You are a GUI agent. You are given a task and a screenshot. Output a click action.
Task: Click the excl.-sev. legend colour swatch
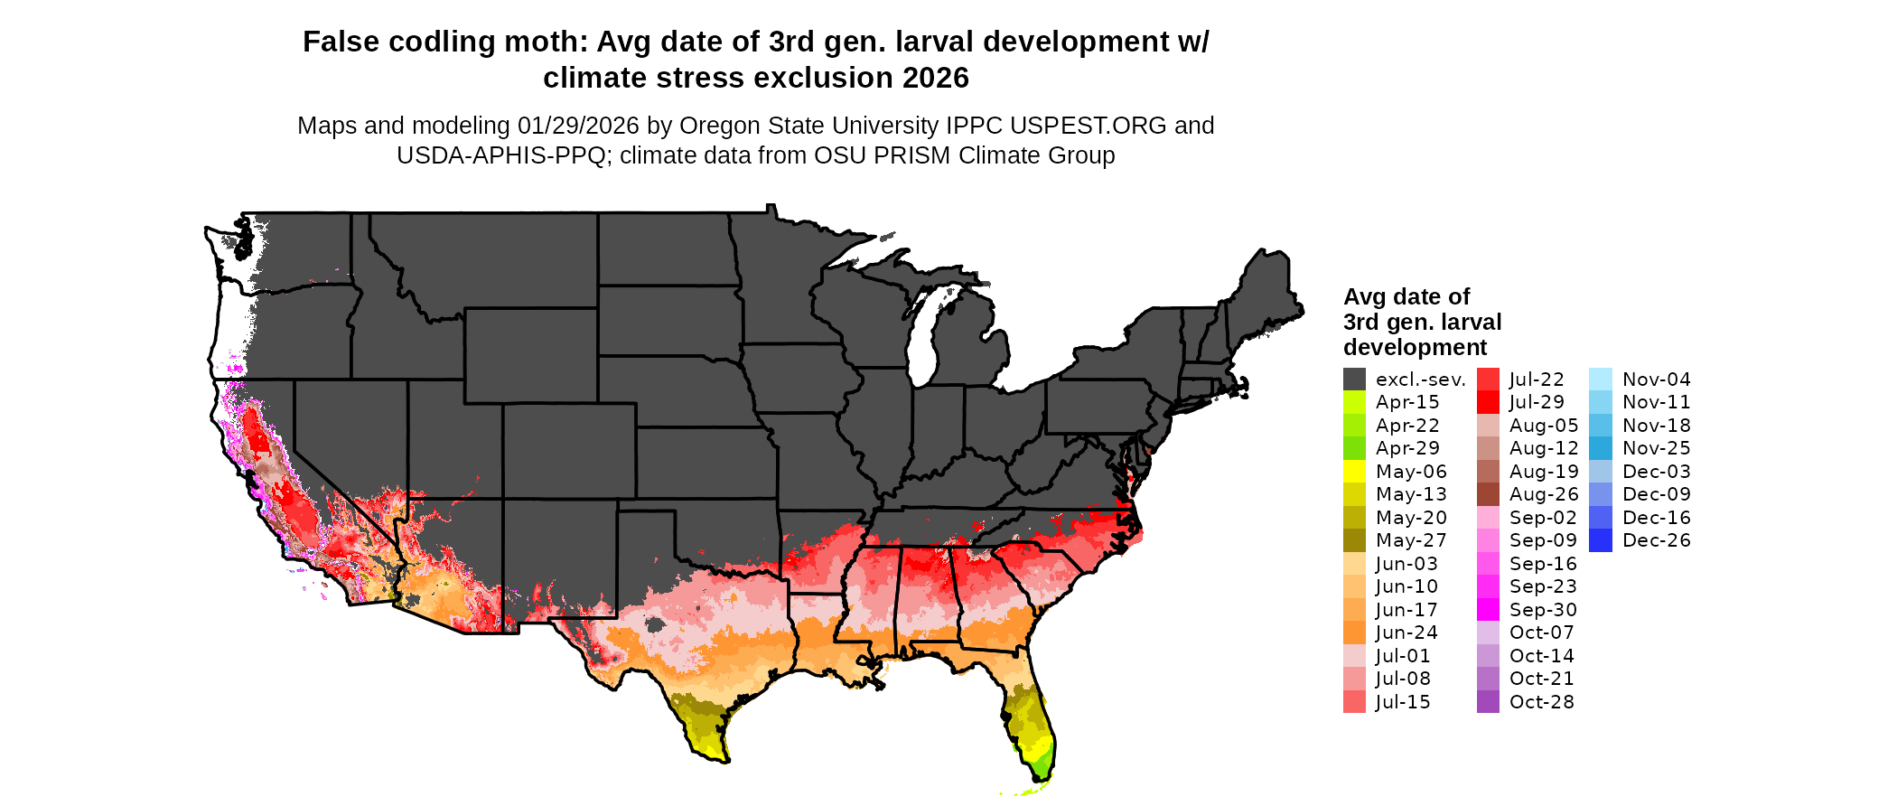[x=1354, y=380]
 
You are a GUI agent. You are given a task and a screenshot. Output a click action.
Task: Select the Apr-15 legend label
[x=1406, y=402]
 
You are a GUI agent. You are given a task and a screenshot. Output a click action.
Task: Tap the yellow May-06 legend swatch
[x=1354, y=472]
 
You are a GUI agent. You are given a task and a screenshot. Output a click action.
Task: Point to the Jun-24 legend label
[x=1406, y=633]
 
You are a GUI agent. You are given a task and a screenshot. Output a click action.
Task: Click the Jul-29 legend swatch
[x=1488, y=402]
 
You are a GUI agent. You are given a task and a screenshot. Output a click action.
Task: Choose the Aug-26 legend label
[x=1544, y=494]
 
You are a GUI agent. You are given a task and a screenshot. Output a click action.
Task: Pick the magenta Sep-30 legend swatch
[x=1488, y=610]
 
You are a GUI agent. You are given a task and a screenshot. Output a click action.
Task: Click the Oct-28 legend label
[x=1541, y=702]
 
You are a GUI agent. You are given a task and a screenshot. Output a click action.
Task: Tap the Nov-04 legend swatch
[x=1600, y=380]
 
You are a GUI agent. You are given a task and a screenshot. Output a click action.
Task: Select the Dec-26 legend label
[x=1656, y=540]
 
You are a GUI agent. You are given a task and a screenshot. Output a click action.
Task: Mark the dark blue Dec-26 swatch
[x=1600, y=540]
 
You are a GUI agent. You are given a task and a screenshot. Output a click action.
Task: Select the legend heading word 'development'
[x=1415, y=348]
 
